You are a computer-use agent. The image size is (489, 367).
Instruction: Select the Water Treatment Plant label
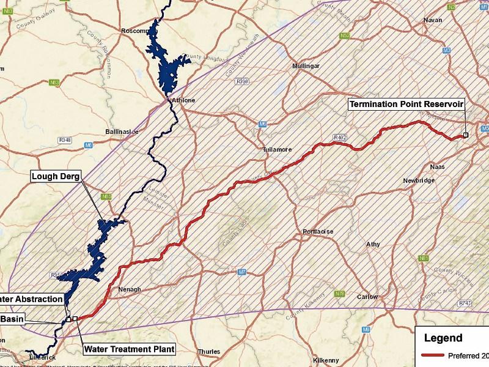pyautogui.click(x=129, y=349)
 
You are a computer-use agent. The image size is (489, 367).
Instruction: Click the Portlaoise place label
pyautogui.click(x=317, y=232)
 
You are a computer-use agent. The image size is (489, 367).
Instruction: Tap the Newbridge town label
pyautogui.click(x=418, y=180)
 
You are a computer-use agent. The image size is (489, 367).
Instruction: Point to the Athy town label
pyautogui.click(x=373, y=244)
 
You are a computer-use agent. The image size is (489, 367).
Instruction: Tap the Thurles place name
pyautogui.click(x=209, y=352)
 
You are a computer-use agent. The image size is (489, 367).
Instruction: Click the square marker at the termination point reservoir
pyautogui.click(x=466, y=135)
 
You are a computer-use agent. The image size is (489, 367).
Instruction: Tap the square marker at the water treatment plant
pyautogui.click(x=75, y=319)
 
